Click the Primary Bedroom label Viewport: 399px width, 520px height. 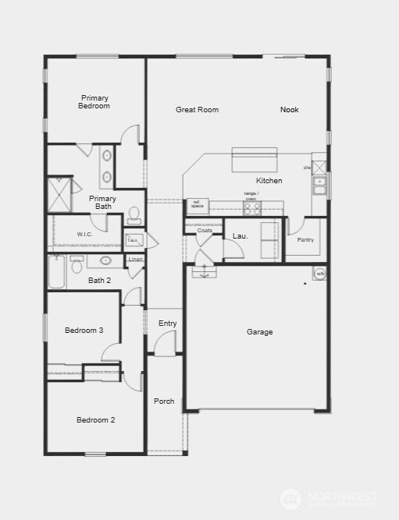point(94,102)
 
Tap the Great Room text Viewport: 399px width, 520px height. point(197,110)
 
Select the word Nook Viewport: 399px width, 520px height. point(289,110)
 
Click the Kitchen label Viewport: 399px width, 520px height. point(269,181)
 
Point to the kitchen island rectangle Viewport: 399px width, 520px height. point(255,161)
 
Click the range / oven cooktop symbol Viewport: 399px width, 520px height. point(251,208)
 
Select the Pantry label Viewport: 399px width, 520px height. point(305,240)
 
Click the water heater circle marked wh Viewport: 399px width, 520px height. point(319,274)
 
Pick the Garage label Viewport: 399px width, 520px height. point(260,332)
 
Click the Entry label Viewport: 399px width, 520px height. point(167,324)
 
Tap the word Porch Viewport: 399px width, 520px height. point(164,401)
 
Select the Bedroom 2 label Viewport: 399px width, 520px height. point(95,420)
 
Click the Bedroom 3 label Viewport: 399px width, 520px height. point(84,331)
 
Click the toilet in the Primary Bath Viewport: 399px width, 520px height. point(134,214)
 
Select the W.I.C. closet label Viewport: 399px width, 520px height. point(85,235)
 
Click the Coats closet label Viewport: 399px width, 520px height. point(205,231)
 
